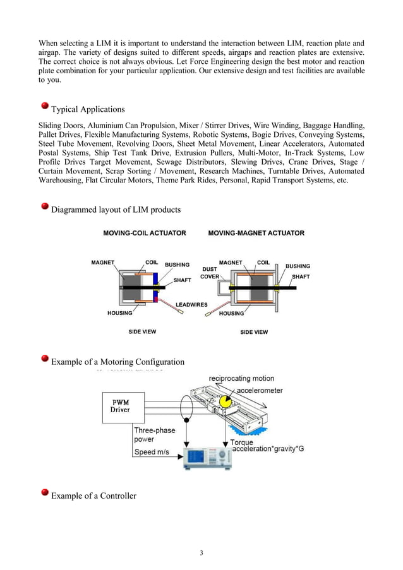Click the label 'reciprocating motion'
pos(237,378)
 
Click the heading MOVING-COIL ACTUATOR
pos(145,233)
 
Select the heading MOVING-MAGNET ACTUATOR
pos(256,233)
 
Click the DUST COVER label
pos(210,272)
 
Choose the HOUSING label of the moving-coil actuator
pos(120,313)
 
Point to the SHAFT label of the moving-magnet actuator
pos(301,276)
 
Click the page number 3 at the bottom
pos(201,554)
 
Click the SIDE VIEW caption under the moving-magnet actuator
pos(254,332)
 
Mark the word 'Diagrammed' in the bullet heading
pos(73,210)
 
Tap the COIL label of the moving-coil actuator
pos(152,263)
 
